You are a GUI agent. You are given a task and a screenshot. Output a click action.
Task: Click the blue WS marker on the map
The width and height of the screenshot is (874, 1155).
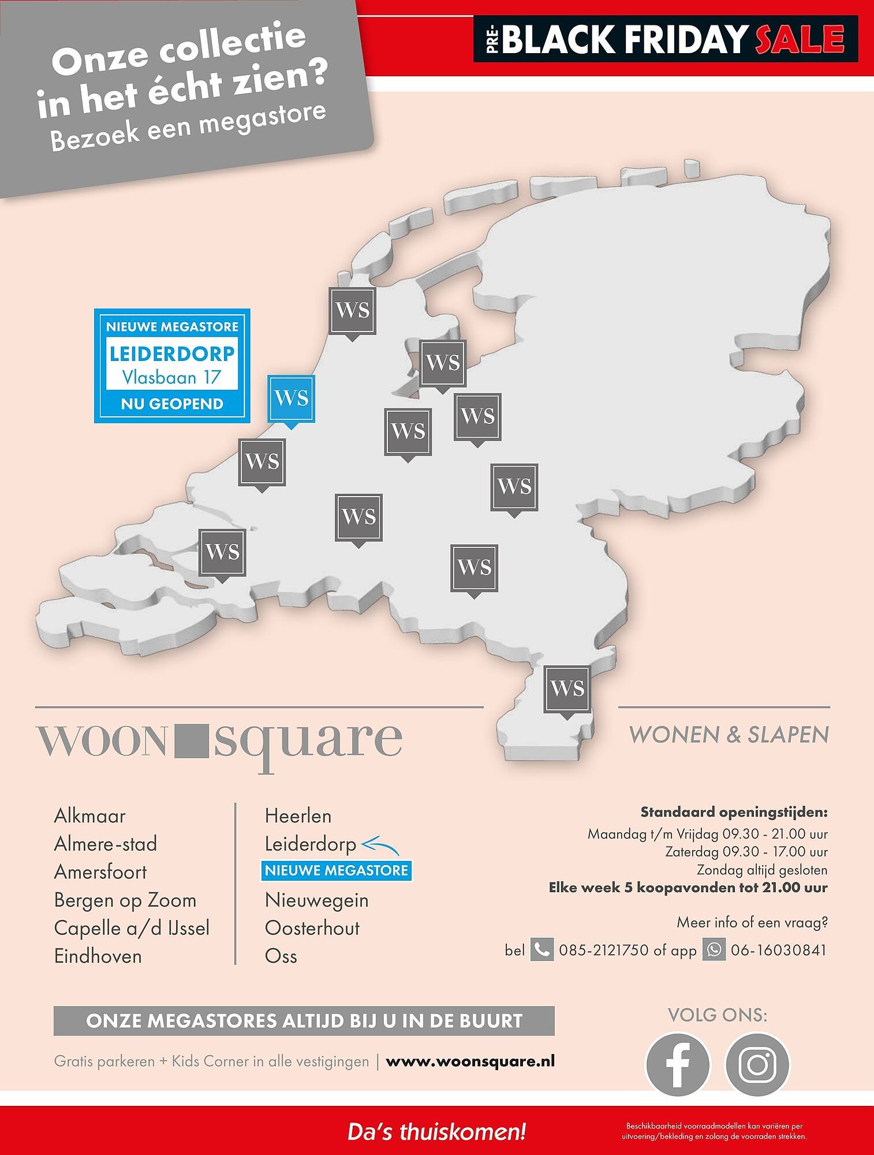click(x=292, y=398)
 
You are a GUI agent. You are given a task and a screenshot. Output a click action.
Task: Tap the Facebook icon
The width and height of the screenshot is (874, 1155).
click(x=678, y=1064)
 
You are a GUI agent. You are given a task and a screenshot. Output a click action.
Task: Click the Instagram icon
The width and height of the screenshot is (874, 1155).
click(x=757, y=1064)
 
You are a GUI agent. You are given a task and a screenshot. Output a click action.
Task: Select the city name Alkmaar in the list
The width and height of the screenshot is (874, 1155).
click(x=89, y=816)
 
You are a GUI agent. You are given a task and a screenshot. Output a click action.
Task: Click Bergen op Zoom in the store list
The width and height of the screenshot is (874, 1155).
click(x=125, y=900)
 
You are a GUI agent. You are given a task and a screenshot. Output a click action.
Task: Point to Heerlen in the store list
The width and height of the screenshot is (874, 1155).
click(x=298, y=816)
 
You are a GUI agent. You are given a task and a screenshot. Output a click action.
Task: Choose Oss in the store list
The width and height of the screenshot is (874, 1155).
click(x=281, y=956)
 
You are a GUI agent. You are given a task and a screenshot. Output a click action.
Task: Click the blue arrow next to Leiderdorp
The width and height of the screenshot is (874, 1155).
click(x=380, y=846)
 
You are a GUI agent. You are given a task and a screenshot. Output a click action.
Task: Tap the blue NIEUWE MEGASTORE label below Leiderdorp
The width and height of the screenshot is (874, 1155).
click(x=337, y=870)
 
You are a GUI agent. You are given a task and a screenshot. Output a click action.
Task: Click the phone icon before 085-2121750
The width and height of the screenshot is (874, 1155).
click(x=541, y=950)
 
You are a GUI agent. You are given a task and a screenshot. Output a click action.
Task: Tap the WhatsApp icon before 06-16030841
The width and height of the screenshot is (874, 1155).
click(x=714, y=950)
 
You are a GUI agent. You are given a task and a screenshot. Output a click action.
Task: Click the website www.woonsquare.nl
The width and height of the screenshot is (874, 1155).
click(x=470, y=1061)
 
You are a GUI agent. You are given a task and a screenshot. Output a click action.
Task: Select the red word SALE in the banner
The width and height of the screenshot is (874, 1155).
click(x=799, y=39)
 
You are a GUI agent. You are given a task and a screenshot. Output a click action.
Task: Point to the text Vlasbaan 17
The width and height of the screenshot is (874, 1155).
click(x=171, y=378)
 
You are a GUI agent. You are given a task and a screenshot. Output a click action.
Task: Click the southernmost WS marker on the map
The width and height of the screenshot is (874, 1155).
click(x=567, y=688)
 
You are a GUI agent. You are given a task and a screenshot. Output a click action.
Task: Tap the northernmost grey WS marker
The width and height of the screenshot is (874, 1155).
click(x=352, y=311)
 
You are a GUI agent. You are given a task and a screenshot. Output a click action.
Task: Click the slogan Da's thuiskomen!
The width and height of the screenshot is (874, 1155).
click(x=436, y=1131)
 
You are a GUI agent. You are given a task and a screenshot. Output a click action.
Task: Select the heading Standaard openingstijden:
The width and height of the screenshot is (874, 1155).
click(x=734, y=813)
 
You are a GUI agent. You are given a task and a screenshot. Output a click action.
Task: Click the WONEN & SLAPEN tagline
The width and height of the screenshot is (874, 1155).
click(x=729, y=735)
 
